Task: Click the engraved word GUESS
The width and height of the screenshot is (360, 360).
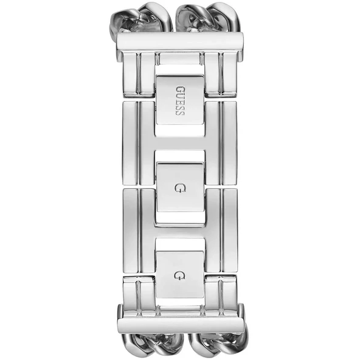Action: pos(180,100)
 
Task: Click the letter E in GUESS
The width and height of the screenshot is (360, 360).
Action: pos(180,100)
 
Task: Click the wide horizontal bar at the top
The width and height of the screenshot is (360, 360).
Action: pos(180,42)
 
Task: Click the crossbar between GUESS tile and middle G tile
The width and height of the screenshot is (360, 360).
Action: pos(180,144)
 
